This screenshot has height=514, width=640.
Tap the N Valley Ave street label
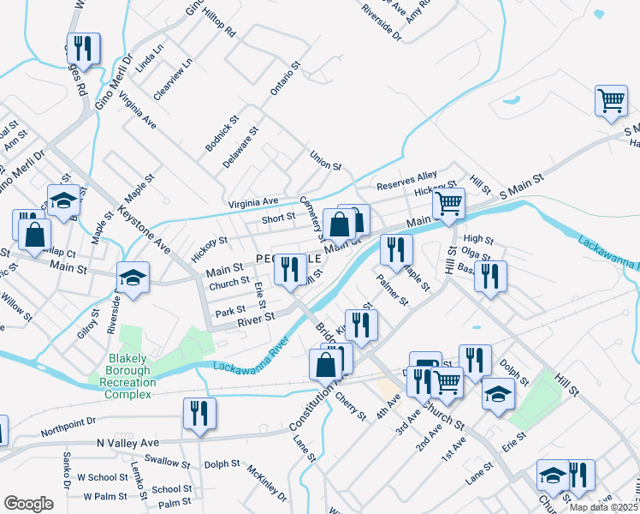click(x=127, y=442)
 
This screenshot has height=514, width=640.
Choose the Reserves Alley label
click(x=407, y=181)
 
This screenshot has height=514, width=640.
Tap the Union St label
click(x=325, y=160)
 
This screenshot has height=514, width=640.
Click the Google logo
click(x=28, y=504)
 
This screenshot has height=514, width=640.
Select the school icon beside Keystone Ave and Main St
click(x=134, y=278)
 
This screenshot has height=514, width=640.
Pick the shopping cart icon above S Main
click(x=611, y=100)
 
